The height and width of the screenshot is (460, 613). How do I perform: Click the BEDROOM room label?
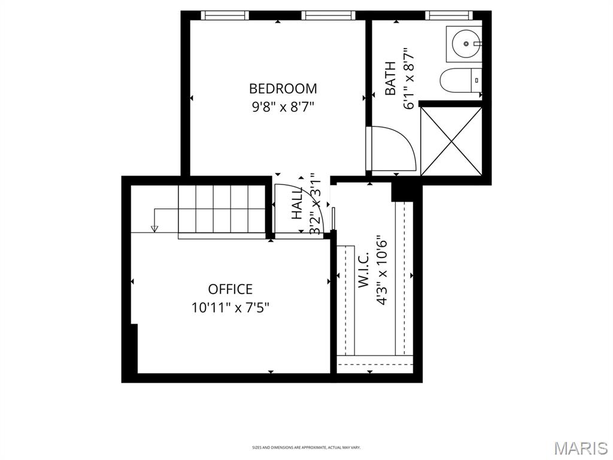[283, 89]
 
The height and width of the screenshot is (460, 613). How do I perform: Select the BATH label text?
[390, 78]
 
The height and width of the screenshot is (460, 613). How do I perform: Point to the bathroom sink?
[465, 43]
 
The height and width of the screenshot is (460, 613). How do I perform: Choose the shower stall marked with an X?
[451, 141]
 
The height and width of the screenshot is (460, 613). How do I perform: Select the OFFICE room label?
[230, 289]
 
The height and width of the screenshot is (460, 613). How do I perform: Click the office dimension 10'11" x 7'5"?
[230, 308]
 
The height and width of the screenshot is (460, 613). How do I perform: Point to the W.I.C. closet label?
[363, 274]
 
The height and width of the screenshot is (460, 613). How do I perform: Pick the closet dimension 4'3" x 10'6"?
[382, 273]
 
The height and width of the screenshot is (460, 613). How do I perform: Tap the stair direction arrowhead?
[154, 228]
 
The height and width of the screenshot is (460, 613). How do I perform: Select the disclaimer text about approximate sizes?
[306, 447]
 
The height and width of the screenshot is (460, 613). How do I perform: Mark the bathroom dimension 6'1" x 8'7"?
[409, 78]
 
